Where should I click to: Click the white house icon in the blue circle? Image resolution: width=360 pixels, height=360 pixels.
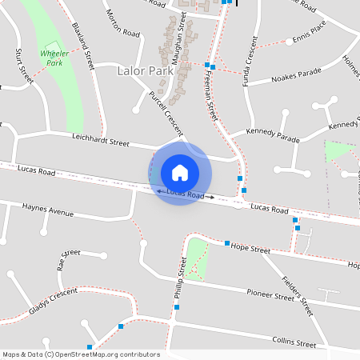[180, 172]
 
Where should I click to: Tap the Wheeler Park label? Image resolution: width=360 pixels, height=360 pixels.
[53, 58]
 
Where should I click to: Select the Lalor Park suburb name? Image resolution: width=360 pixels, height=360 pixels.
[145, 71]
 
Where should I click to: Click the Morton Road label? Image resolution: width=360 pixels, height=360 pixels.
[123, 23]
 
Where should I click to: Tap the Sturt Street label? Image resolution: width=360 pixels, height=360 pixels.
[24, 65]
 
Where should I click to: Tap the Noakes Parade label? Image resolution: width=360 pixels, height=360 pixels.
[296, 75]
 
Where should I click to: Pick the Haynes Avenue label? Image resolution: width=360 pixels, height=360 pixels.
[48, 210]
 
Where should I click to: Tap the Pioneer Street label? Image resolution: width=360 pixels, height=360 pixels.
[270, 295]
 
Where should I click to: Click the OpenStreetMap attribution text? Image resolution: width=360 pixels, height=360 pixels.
[81, 354]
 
